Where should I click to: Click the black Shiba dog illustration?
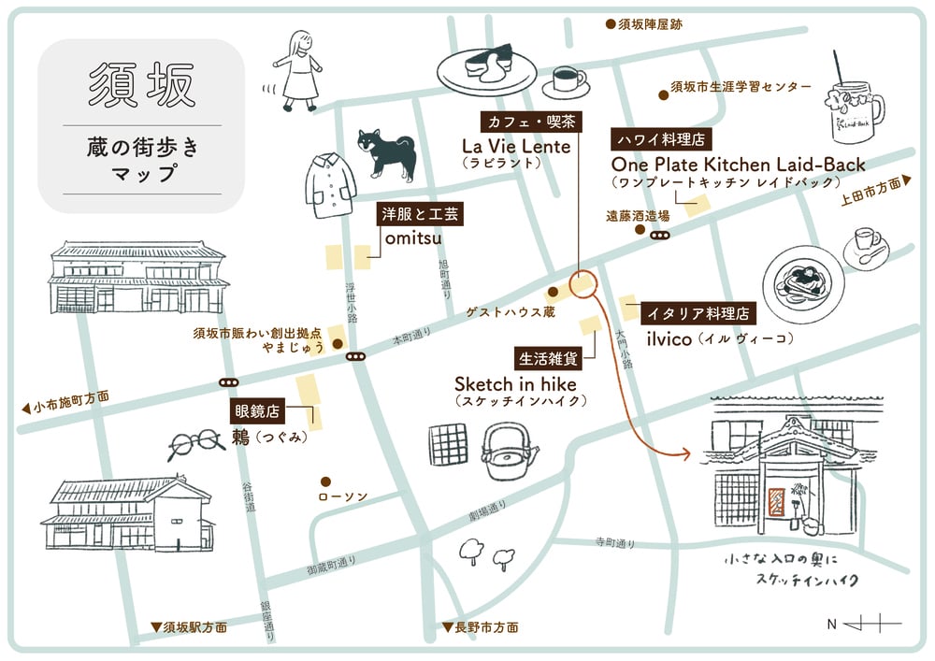point(386,153)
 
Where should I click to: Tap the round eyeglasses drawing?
point(195,444)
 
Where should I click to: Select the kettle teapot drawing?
point(508,453)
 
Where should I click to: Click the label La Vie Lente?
point(516,146)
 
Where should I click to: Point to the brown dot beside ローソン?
point(325,481)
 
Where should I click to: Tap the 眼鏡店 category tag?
point(256,411)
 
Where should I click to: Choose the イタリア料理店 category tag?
point(698,313)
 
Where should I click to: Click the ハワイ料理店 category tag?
point(661,139)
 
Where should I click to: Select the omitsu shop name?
point(413,238)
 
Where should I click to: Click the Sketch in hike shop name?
point(515,384)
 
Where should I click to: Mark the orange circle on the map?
point(583,283)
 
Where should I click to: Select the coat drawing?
point(330,185)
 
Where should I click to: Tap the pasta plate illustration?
point(803,285)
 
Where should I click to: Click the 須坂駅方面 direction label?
point(190,627)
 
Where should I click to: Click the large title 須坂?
point(142,84)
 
